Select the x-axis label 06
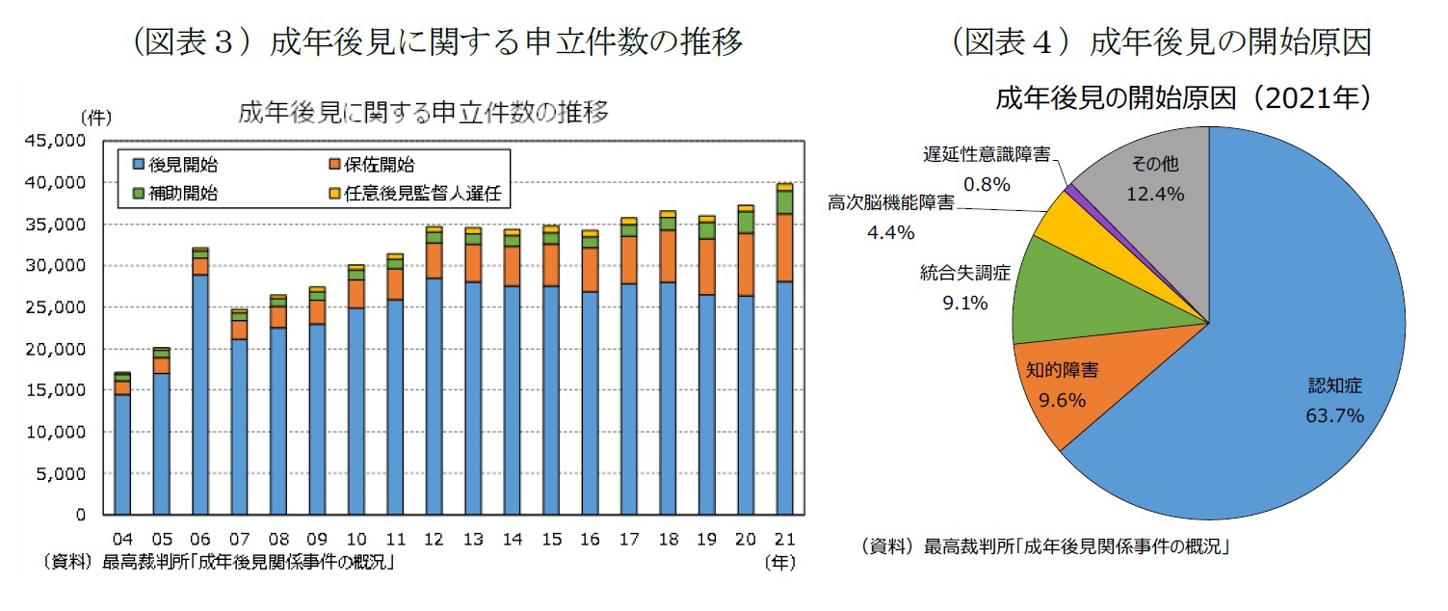(200, 538)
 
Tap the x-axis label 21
(784, 538)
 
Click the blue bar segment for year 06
(200, 395)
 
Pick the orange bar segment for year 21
(784, 248)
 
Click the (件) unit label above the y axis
(96, 119)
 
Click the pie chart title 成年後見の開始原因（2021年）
(1183, 98)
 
